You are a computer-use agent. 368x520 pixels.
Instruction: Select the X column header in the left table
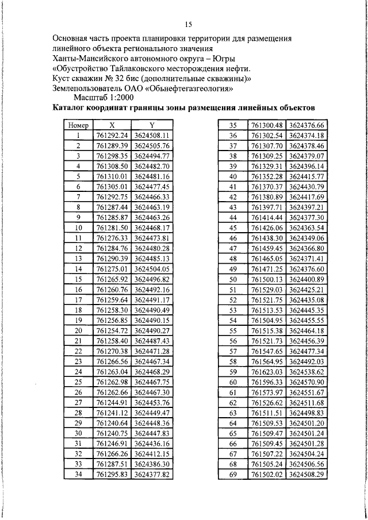[x=112, y=125]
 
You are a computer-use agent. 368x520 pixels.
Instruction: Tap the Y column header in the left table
[x=152, y=125]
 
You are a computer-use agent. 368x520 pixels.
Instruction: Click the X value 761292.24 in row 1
[x=112, y=135]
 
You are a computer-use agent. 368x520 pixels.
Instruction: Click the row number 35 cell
[x=233, y=125]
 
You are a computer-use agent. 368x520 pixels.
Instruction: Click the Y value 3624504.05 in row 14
[x=152, y=268]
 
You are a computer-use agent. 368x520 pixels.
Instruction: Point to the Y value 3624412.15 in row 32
[x=152, y=453]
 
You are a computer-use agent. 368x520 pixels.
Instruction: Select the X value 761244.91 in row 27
[x=112, y=402]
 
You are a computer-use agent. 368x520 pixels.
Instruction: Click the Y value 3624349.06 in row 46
[x=306, y=238]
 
